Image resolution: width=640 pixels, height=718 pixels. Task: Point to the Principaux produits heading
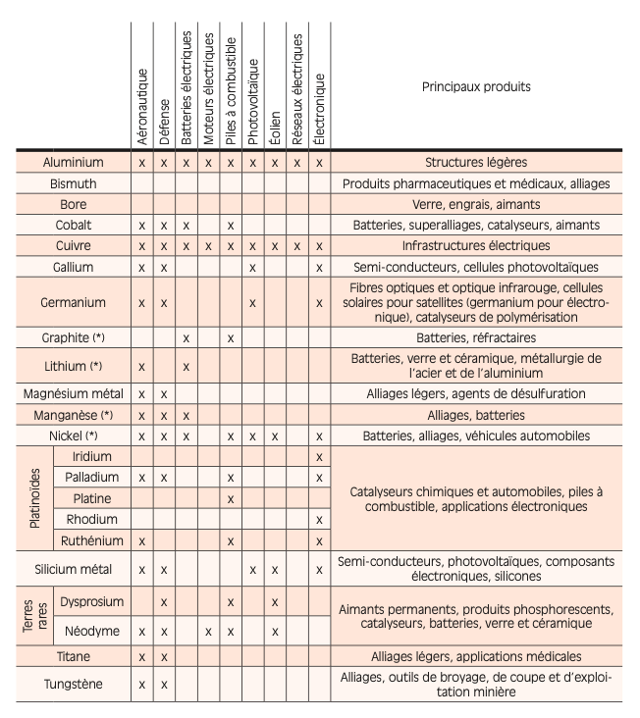pyautogui.click(x=476, y=86)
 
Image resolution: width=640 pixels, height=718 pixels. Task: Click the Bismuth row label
pyautogui.click(x=73, y=183)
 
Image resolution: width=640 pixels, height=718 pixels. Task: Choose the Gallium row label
pyautogui.click(x=73, y=267)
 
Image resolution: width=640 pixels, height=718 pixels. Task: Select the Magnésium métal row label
pyautogui.click(x=73, y=393)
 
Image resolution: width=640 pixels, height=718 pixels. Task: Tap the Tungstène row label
pyautogui.click(x=73, y=684)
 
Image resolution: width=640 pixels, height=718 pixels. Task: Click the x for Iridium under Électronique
pyautogui.click(x=318, y=456)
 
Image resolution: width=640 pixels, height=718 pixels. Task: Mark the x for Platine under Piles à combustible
pyautogui.click(x=230, y=498)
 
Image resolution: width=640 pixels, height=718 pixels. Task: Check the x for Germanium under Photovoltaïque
pyautogui.click(x=252, y=304)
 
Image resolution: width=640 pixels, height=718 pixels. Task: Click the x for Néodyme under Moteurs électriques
pyautogui.click(x=208, y=632)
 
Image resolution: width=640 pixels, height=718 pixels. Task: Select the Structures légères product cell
pyautogui.click(x=476, y=162)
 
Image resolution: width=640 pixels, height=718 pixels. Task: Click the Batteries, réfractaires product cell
pyautogui.click(x=476, y=336)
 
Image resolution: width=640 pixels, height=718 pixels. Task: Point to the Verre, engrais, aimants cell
pyautogui.click(x=476, y=204)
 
